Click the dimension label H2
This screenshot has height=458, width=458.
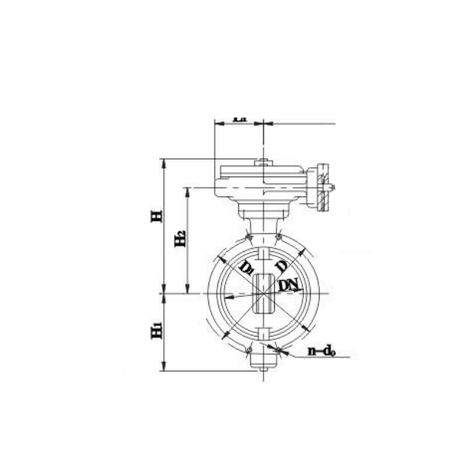pos(180,238)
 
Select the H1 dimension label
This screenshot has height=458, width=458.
pos(156,330)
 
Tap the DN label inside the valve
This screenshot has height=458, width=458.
pos(289,285)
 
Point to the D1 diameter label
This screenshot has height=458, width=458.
pos(246,268)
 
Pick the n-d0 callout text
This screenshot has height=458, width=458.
pos(323,352)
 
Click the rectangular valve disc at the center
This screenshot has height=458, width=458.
pos(263,293)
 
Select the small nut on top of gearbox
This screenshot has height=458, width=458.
pos(263,161)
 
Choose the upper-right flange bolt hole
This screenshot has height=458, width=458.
pos(280,238)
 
